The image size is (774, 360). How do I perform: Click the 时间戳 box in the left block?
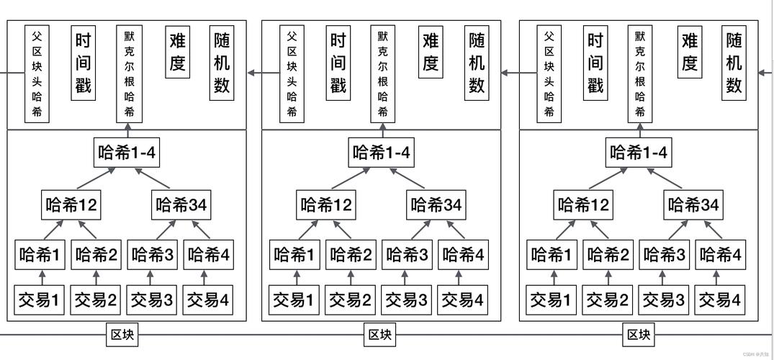tap(83, 63)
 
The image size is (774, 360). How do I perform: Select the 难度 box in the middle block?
tap(431, 53)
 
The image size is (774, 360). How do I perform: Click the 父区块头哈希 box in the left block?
tap(37, 74)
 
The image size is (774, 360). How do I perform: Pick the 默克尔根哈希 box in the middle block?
tap(382, 74)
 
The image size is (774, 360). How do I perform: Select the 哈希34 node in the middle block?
tap(436, 205)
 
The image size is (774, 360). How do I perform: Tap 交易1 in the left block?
tap(40, 300)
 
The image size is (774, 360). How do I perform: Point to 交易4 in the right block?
tap(719, 300)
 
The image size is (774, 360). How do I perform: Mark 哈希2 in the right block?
tap(608, 255)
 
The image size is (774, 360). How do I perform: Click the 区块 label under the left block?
tap(122, 335)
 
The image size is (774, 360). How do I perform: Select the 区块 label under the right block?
tap(639, 335)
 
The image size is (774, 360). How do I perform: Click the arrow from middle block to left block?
tap(253, 72)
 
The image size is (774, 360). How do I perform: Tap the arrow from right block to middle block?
tap(510, 72)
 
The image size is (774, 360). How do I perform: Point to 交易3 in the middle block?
tap(406, 300)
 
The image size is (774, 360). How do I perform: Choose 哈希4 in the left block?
tap(209, 255)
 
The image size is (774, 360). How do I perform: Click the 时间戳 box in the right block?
tap(595, 63)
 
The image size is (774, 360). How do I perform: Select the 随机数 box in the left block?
tap(222, 63)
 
